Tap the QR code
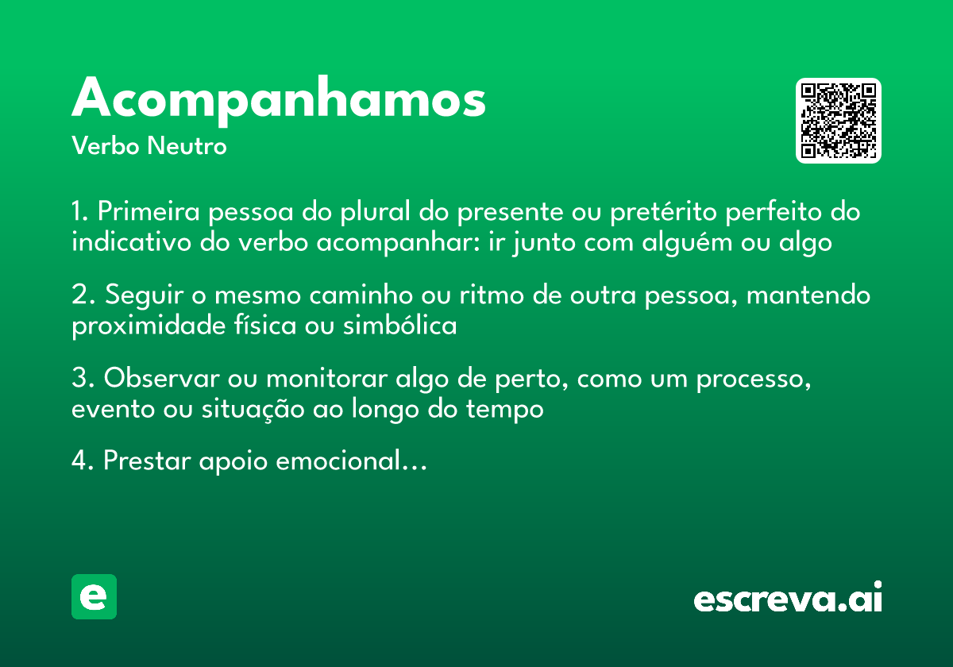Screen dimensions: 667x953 tap(839, 121)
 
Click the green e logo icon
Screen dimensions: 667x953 tap(94, 596)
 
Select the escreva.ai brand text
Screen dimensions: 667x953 tap(788, 599)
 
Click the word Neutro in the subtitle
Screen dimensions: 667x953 tap(187, 147)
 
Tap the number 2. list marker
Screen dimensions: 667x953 tap(83, 296)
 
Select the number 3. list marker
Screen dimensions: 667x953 tap(83, 380)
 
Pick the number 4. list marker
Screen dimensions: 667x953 tap(83, 461)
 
